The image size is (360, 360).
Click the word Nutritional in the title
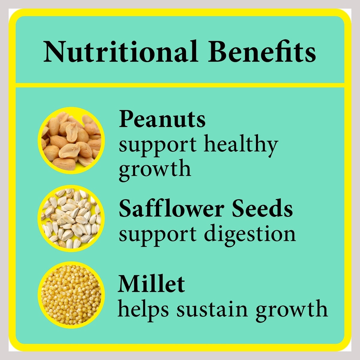[121, 51]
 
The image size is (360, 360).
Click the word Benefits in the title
[262, 51]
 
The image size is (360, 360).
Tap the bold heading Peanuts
[162, 119]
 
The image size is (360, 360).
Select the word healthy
[241, 145]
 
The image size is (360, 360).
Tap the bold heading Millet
[151, 284]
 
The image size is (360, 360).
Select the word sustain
[212, 309]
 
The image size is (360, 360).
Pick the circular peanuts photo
[71, 140]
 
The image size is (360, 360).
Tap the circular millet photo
[71, 295]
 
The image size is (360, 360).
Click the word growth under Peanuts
[155, 170]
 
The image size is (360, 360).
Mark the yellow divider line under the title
[180, 85]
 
